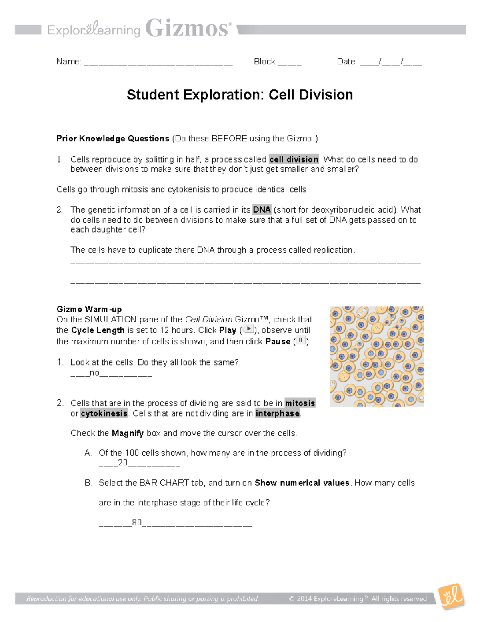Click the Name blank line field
pyautogui.click(x=158, y=62)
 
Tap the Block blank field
pyautogui.click(x=290, y=62)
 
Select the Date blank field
pyautogui.click(x=391, y=62)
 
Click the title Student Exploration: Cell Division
pyautogui.click(x=240, y=95)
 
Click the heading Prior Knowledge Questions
pyautogui.click(x=113, y=139)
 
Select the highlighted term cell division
pyautogui.click(x=294, y=159)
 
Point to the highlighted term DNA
pyautogui.click(x=262, y=210)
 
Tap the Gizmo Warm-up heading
pyautogui.click(x=89, y=309)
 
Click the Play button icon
pyautogui.click(x=248, y=329)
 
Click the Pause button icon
pyautogui.click(x=300, y=341)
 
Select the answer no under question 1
pyautogui.click(x=94, y=373)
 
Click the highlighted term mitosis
pyautogui.click(x=300, y=403)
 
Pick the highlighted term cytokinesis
pyautogui.click(x=104, y=413)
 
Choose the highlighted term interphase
pyautogui.click(x=278, y=413)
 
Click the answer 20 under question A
pyautogui.click(x=122, y=463)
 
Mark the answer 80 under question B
pyautogui.click(x=137, y=523)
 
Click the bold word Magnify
pyautogui.click(x=128, y=433)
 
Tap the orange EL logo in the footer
pyautogui.click(x=451, y=596)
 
